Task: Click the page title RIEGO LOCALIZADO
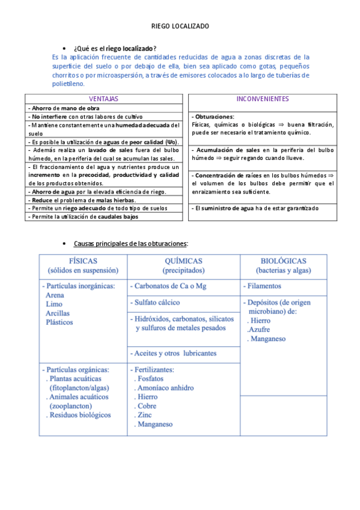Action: click(x=180, y=26)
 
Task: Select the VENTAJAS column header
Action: click(x=103, y=99)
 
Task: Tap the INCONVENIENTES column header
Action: click(x=262, y=99)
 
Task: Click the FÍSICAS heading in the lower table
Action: click(x=84, y=261)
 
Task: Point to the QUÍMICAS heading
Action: click(x=183, y=261)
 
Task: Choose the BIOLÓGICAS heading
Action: click(x=283, y=261)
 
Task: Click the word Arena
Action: click(x=55, y=295)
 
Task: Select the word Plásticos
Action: click(x=59, y=322)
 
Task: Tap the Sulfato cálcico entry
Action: click(x=157, y=303)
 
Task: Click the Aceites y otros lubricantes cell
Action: click(x=174, y=353)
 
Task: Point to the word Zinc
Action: click(x=144, y=415)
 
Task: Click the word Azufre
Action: click(x=258, y=330)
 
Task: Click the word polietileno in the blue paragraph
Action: click(x=69, y=84)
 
